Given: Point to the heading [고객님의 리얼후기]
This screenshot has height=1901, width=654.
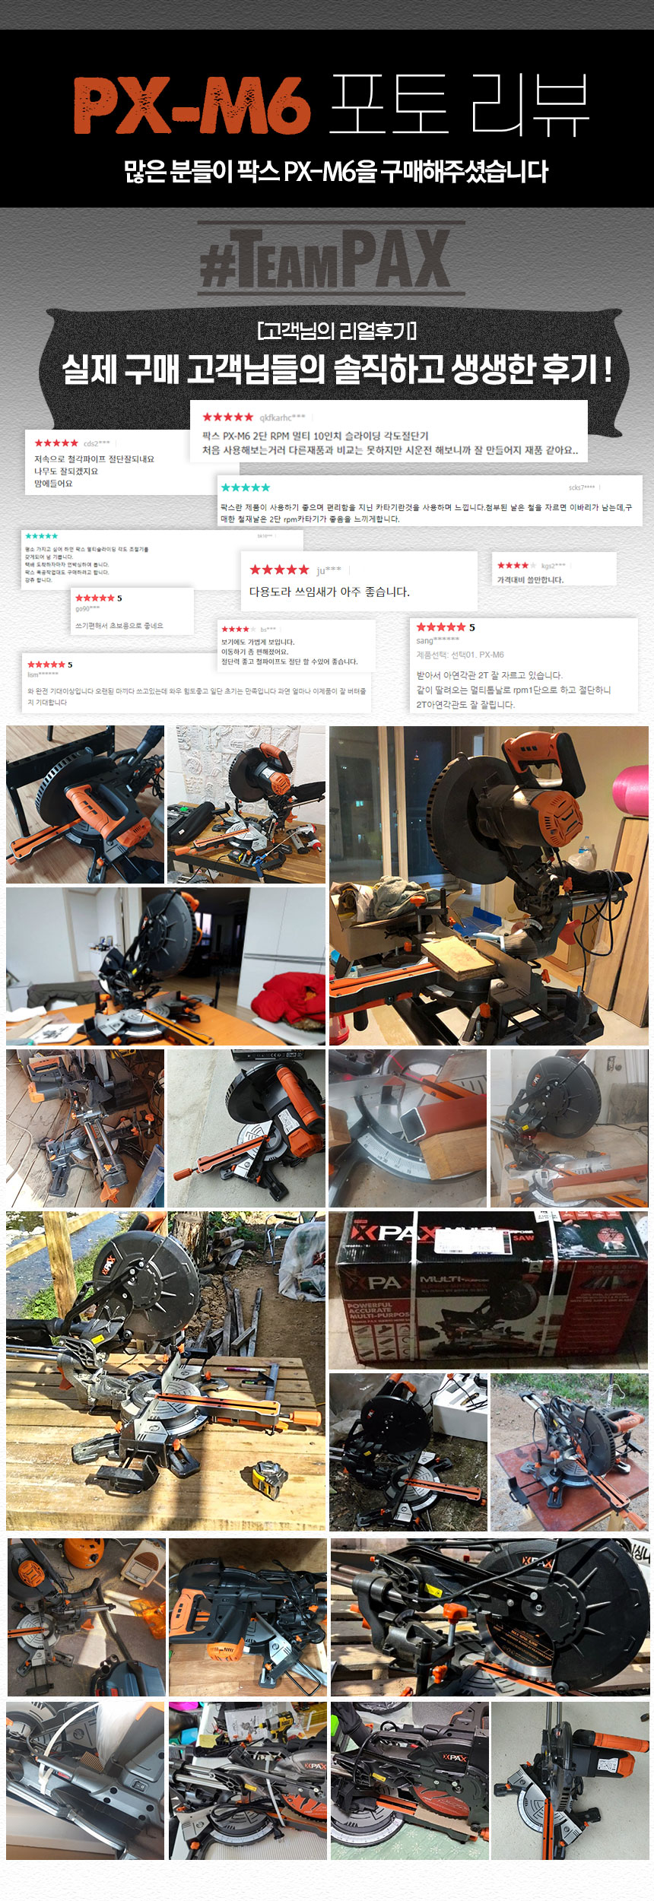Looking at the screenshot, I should coord(336,331).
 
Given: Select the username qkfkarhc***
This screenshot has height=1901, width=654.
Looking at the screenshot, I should coord(282,417).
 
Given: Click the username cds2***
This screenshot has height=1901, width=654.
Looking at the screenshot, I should coord(97,443).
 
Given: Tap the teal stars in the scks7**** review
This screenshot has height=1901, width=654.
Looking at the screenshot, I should coord(245,487).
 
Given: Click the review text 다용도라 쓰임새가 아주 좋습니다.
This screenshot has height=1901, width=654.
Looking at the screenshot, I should coord(329,592).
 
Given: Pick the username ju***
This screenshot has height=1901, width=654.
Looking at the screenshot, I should coord(329,570).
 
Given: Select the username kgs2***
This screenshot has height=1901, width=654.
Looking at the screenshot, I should coord(553,566).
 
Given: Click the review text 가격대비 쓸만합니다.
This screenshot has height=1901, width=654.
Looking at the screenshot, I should coord(530,579).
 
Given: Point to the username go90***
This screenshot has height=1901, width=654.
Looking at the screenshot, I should coord(87,608).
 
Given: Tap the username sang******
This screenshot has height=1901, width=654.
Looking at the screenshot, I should coord(437,640).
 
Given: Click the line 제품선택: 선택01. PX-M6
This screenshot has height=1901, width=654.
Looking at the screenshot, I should coord(459,655).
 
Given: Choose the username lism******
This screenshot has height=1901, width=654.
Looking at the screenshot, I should coord(43,674).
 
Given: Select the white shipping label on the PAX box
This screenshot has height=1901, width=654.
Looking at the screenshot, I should coord(471,1240).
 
